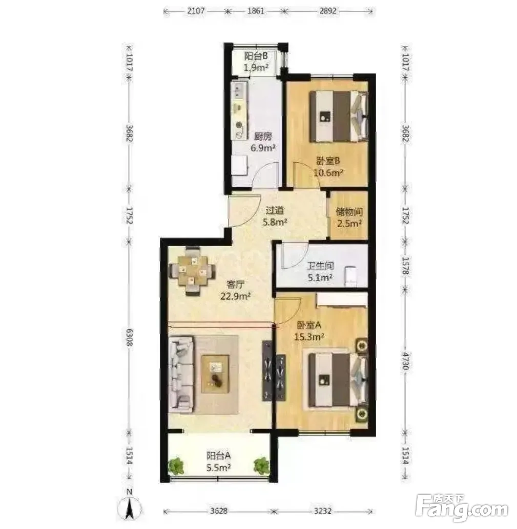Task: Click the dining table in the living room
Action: click(x=192, y=271)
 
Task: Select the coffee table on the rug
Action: click(x=215, y=374)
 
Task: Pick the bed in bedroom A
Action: click(x=338, y=379)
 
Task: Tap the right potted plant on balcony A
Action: click(x=261, y=466)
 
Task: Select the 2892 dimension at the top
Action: click(x=328, y=11)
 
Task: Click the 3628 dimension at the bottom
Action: click(x=218, y=511)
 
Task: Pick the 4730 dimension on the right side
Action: click(x=405, y=361)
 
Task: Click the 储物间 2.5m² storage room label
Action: click(x=349, y=217)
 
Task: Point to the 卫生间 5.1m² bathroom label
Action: click(x=320, y=272)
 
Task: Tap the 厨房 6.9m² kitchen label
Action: click(x=263, y=142)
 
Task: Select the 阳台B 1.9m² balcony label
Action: click(x=256, y=61)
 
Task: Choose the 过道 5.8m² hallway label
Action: click(x=275, y=216)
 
